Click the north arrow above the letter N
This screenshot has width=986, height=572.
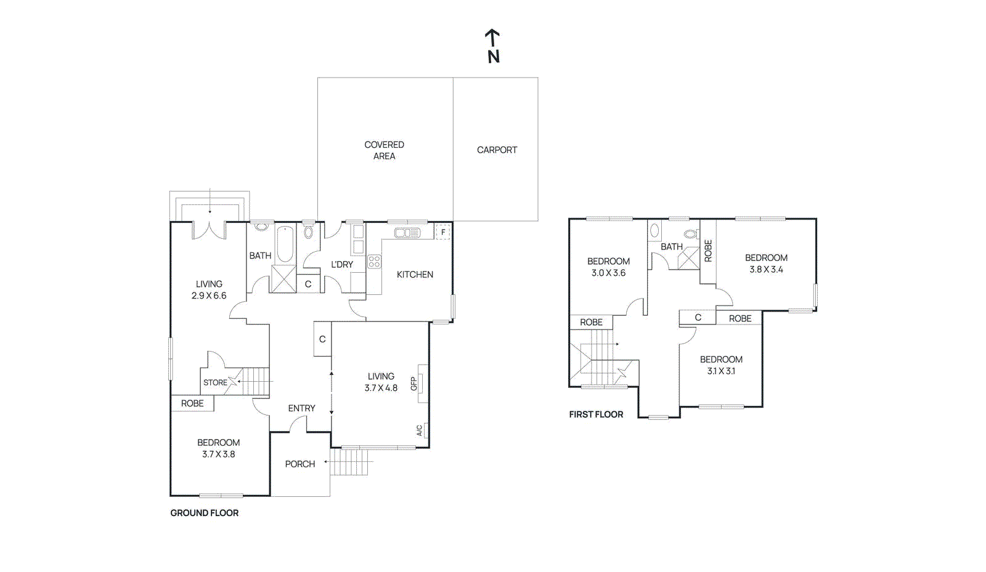point(492,37)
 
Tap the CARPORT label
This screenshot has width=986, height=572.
point(497,150)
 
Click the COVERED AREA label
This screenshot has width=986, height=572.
point(384,150)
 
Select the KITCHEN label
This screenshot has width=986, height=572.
point(415,275)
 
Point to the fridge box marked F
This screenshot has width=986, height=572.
point(442,232)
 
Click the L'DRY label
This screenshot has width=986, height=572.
point(342,264)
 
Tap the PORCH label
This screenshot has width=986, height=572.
point(299,464)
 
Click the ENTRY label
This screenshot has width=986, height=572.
point(301,408)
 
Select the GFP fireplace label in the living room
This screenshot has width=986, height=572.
point(414,384)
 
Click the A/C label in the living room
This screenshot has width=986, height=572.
point(420,430)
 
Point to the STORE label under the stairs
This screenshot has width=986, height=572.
point(215,382)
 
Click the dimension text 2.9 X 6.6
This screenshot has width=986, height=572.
point(209,296)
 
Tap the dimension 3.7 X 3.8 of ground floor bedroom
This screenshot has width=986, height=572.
point(218,454)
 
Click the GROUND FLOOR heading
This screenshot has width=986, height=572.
point(204,513)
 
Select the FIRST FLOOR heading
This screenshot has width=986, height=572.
point(596,414)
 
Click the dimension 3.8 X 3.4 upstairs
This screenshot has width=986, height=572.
point(766,270)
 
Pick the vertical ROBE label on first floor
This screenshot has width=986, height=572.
point(708,251)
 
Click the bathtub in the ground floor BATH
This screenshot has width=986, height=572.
point(284,244)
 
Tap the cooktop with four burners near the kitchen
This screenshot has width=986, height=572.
point(374,262)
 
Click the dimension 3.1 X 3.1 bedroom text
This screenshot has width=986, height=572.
point(721,371)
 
